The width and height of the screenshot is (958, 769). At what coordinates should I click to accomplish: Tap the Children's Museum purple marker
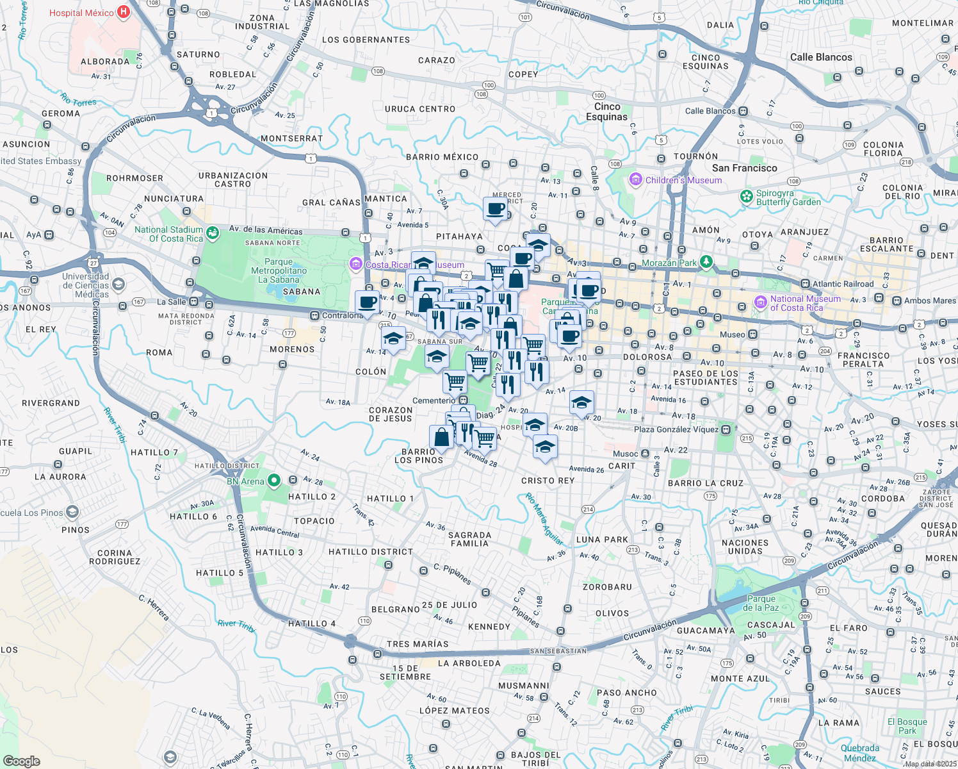click(x=635, y=180)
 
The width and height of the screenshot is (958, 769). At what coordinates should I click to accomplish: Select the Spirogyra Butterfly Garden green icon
click(x=746, y=197)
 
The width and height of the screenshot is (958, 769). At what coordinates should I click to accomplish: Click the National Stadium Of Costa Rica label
click(x=168, y=234)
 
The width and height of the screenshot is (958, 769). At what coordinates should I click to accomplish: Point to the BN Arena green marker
click(x=274, y=480)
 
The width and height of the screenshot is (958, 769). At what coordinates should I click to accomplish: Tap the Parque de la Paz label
click(x=761, y=603)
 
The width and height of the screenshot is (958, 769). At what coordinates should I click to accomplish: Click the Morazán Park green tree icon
click(x=706, y=261)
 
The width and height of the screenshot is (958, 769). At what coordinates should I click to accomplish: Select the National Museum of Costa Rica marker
click(x=760, y=302)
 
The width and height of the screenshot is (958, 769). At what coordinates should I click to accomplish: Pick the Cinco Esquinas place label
click(x=606, y=112)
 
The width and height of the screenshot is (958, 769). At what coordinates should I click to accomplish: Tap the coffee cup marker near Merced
click(x=496, y=208)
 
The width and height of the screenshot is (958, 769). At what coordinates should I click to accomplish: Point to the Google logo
click(x=22, y=761)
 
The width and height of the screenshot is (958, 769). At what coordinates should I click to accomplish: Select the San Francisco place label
click(x=744, y=168)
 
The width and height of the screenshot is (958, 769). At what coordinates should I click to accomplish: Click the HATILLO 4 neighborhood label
click(x=312, y=624)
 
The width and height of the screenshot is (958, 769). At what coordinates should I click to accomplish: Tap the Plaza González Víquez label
click(x=676, y=429)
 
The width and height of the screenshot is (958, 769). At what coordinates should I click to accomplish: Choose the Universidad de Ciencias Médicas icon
click(x=118, y=283)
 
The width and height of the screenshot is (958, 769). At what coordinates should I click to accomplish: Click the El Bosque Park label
click(x=907, y=726)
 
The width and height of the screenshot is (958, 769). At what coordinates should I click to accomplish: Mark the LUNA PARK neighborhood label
click(x=603, y=540)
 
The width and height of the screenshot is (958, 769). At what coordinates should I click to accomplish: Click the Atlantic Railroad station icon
click(x=805, y=284)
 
